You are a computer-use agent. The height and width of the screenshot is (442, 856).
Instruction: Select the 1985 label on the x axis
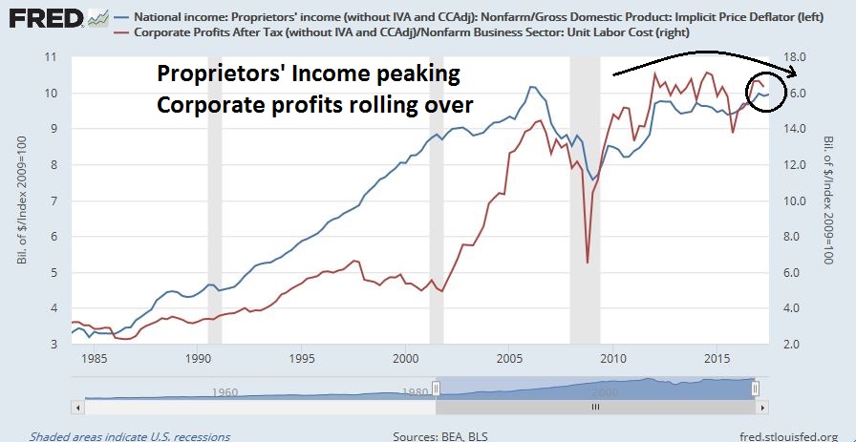tap(94, 359)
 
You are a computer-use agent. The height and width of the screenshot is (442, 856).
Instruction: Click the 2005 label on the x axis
tap(509, 359)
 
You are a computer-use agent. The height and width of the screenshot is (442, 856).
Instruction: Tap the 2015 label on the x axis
tap(717, 359)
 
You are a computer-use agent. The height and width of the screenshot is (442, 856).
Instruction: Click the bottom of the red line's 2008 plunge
tap(587, 263)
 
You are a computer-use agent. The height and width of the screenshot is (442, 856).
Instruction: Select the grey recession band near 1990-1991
tap(215, 200)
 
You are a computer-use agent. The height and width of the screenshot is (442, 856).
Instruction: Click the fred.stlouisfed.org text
tap(782, 435)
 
